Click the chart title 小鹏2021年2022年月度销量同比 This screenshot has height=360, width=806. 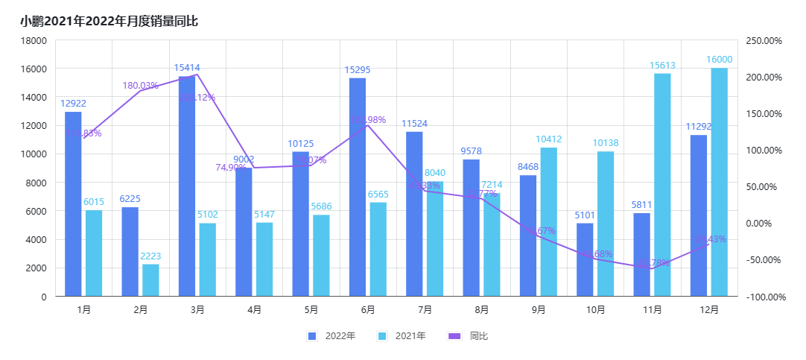tap(109, 21)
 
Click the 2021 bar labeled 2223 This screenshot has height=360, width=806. tap(150, 280)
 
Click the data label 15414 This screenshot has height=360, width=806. tap(187, 68)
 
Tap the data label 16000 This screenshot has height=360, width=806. tap(720, 60)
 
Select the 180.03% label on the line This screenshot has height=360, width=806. tap(141, 86)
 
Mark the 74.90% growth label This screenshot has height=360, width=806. tap(231, 168)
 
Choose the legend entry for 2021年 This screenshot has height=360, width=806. tap(402, 336)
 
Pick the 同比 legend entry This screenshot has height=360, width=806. tap(471, 336)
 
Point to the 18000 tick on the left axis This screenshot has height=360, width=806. tap(34, 40)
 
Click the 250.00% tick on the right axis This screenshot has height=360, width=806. tap(764, 40)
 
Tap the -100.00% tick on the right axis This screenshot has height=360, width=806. tap(764, 297)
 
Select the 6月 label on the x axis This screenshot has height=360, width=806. tap(367, 309)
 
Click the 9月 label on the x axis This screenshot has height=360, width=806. tap(538, 309)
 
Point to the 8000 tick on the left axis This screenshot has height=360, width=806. tap(37, 183)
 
